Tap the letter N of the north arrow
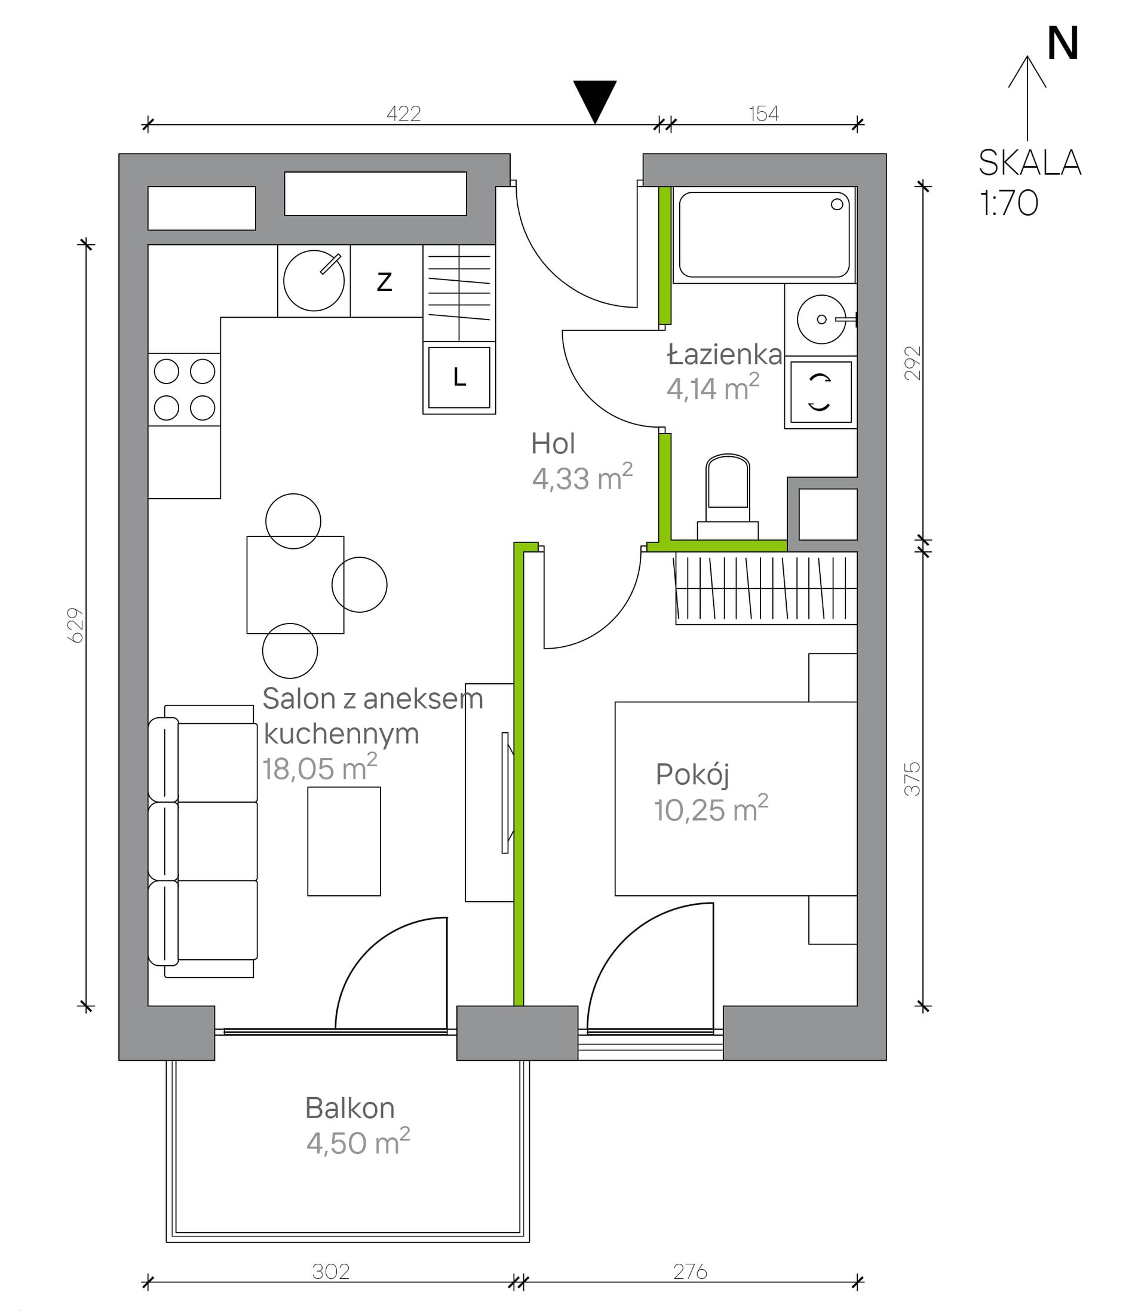point(1063,44)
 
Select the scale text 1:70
point(1009,203)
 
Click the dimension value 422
point(403,113)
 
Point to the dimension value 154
point(764,113)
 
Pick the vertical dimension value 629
point(75,625)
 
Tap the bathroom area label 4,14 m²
point(713,388)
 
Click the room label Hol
point(553,444)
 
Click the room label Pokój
point(692,775)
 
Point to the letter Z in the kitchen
point(385,281)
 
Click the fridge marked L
point(459,378)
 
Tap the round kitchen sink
point(314,281)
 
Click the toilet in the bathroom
point(728,496)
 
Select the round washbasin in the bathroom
point(821,319)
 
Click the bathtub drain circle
point(837,204)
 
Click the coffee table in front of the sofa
point(344,841)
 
